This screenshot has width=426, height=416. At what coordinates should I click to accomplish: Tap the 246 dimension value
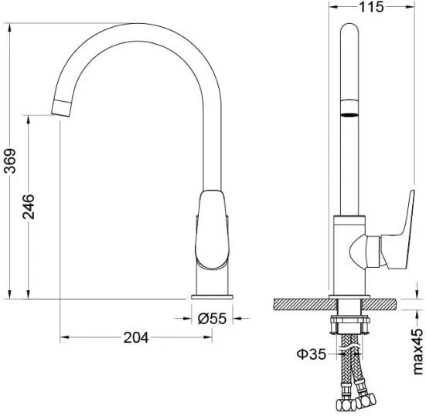pyautogui.click(x=29, y=207)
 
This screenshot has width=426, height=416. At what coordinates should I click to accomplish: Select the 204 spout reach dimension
pyautogui.click(x=136, y=337)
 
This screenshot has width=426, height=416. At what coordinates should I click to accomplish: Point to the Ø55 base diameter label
pyautogui.click(x=212, y=318)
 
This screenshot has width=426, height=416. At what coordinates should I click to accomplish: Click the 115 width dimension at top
pyautogui.click(x=371, y=7)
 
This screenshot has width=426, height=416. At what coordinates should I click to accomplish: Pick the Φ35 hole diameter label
pyautogui.click(x=311, y=353)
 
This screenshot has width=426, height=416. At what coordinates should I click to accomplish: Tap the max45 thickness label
pyautogui.click(x=417, y=351)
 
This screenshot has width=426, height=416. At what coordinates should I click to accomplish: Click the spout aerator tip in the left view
pyautogui.click(x=61, y=108)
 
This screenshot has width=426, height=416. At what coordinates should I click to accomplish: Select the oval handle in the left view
pyautogui.click(x=212, y=229)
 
